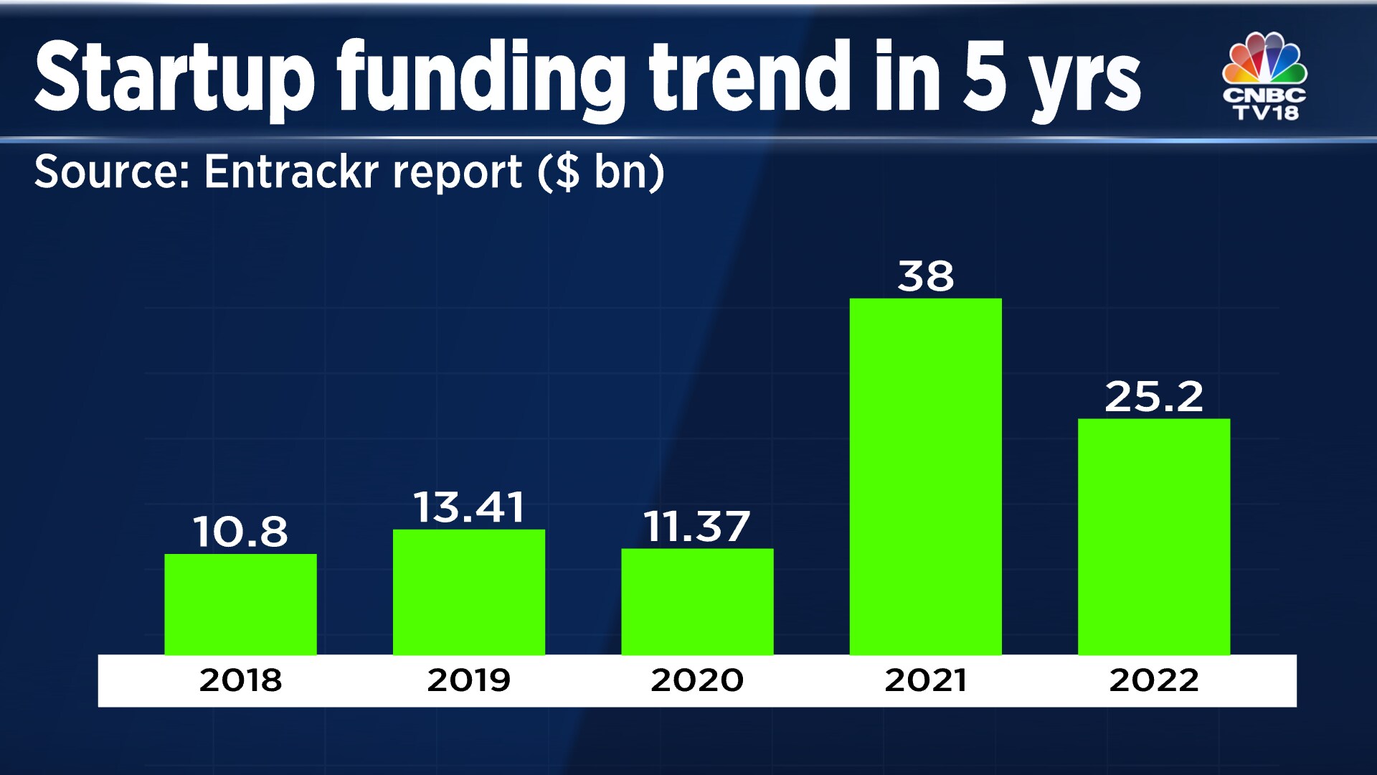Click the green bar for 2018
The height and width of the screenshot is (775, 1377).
coord(240,604)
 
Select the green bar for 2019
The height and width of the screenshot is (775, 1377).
coord(468,592)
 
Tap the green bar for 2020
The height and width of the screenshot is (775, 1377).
coord(697,601)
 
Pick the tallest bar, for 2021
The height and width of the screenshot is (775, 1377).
coord(925,476)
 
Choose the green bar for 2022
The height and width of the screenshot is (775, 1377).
coord(1153,537)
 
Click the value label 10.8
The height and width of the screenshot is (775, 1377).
coord(240,532)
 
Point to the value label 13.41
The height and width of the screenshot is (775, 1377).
coord(468,507)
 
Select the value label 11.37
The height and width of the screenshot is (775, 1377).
coord(697,527)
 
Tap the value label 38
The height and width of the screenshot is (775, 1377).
coord(925,276)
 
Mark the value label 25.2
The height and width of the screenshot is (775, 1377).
coord(1153,396)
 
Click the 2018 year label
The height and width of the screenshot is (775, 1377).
coord(240,680)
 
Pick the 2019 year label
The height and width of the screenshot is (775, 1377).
coord(468,680)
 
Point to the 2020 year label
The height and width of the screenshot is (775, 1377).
coord(697,680)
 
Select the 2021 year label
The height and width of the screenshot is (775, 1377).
coord(925,680)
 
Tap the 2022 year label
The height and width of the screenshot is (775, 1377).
coord(1153,680)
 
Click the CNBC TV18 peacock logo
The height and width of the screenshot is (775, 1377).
coord(1265,76)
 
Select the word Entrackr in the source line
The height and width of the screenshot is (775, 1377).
coord(363,172)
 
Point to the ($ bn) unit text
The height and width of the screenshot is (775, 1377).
coord(601,172)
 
